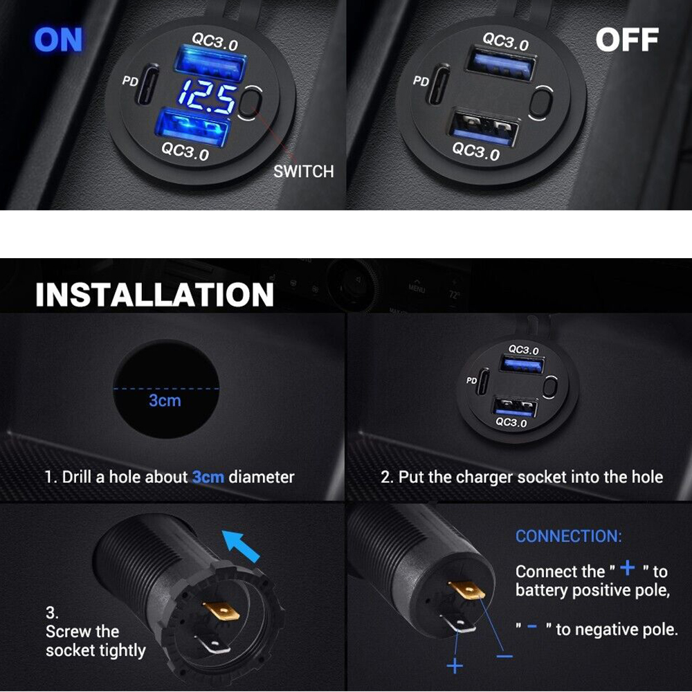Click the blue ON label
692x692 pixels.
coord(58,39)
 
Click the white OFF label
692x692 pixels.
coord(627,39)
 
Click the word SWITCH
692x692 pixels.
coord(304,171)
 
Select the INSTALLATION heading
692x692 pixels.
coord(154,294)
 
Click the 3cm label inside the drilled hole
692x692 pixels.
coord(165,400)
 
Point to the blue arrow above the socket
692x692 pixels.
coord(241,546)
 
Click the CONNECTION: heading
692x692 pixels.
coord(568,536)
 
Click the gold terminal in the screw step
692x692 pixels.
coord(221,611)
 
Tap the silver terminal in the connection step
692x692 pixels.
coord(459,624)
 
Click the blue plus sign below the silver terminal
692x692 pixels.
coord(455,666)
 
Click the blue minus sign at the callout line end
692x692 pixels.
coord(504,657)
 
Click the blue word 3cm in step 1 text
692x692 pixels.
coord(208,477)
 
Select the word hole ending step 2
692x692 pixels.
coord(648,477)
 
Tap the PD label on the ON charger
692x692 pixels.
coord(130,82)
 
